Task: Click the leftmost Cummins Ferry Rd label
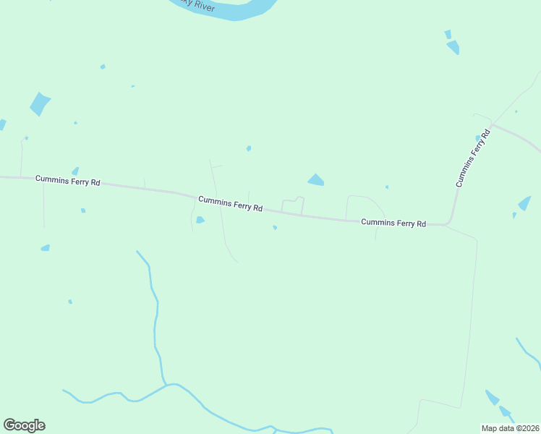[67, 181]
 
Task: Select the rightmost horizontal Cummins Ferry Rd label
[393, 224]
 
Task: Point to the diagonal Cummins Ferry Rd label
[473, 157]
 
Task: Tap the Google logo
[25, 425]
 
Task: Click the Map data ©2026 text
[511, 428]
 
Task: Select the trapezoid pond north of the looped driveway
[316, 179]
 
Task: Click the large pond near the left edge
[40, 103]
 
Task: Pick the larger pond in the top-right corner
[453, 47]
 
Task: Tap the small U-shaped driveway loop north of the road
[292, 205]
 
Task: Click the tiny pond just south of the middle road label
[275, 227]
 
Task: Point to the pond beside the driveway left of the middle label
[200, 220]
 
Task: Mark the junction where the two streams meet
[169, 384]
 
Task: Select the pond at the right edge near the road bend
[524, 203]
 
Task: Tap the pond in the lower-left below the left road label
[46, 248]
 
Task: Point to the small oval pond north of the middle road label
[249, 148]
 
